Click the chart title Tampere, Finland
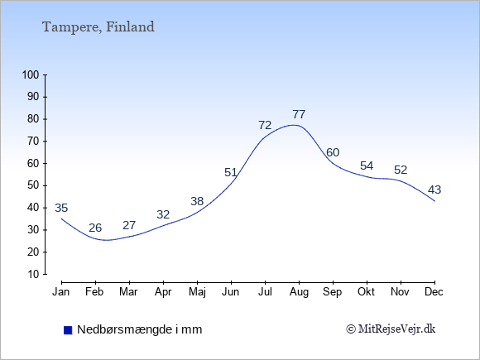coord(98,27)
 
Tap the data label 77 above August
coord(299,114)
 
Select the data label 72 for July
coord(265,125)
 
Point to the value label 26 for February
coord(95,228)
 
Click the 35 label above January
coord(61,209)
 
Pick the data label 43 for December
coord(434,190)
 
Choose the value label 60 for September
coord(333,152)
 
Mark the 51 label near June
coord(231,173)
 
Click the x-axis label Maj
coord(197,292)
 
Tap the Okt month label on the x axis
coord(366,292)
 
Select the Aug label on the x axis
coord(299,292)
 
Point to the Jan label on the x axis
coord(61,292)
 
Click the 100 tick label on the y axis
coord(31,74)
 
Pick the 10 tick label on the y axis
coord(33,274)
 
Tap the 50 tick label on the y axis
coord(33,185)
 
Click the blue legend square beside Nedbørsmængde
coord(68,330)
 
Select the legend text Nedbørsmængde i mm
coord(140,329)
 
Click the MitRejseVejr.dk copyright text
coord(391,329)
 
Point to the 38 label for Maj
coord(197,201)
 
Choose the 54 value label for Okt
coord(367,166)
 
